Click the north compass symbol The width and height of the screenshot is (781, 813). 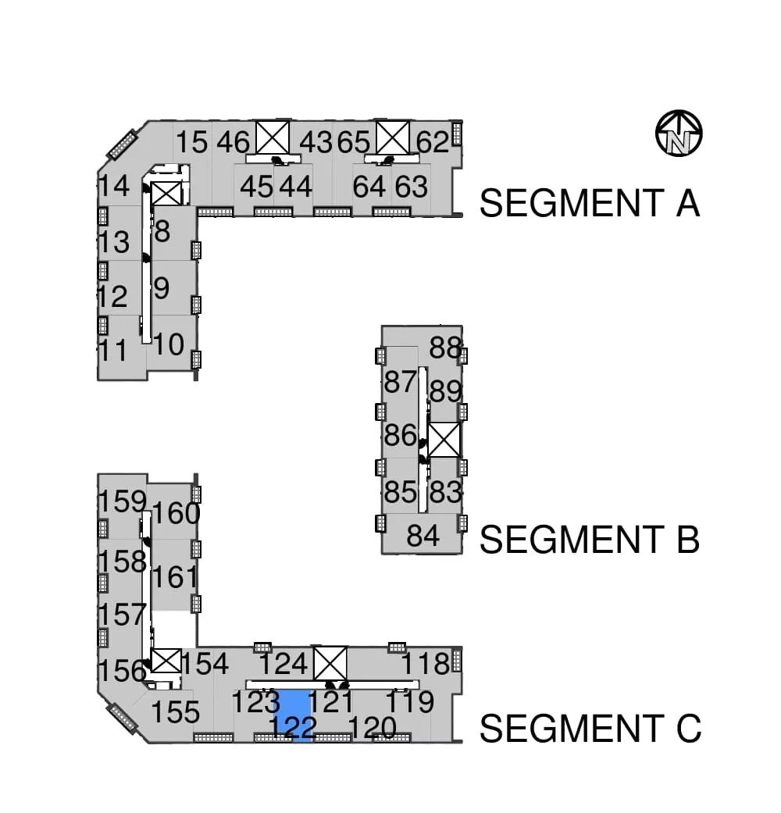click(x=679, y=134)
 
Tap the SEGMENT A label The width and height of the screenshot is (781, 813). click(x=590, y=203)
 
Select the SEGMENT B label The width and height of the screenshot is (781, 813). click(x=590, y=539)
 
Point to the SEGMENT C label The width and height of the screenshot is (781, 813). click(x=590, y=729)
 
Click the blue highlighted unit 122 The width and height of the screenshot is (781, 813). click(x=293, y=715)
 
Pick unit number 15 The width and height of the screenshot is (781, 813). click(x=192, y=142)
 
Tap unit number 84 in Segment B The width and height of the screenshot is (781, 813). click(x=423, y=536)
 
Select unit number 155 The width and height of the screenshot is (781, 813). click(x=176, y=712)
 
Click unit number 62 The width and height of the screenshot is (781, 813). click(x=433, y=142)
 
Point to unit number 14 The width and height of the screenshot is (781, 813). click(x=114, y=186)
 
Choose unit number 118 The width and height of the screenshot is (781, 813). click(x=426, y=663)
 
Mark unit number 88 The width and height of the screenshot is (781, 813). click(x=445, y=348)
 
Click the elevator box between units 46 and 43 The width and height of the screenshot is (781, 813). click(x=273, y=137)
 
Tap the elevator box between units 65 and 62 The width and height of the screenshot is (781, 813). click(x=393, y=137)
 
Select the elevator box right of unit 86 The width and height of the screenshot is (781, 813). click(x=444, y=440)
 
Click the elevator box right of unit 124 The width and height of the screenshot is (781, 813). click(x=330, y=663)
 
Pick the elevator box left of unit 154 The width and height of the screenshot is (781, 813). click(x=166, y=661)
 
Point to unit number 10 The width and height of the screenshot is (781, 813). click(x=169, y=344)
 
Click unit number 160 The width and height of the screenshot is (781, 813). click(x=177, y=514)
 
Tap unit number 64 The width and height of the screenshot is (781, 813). click(x=369, y=187)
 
